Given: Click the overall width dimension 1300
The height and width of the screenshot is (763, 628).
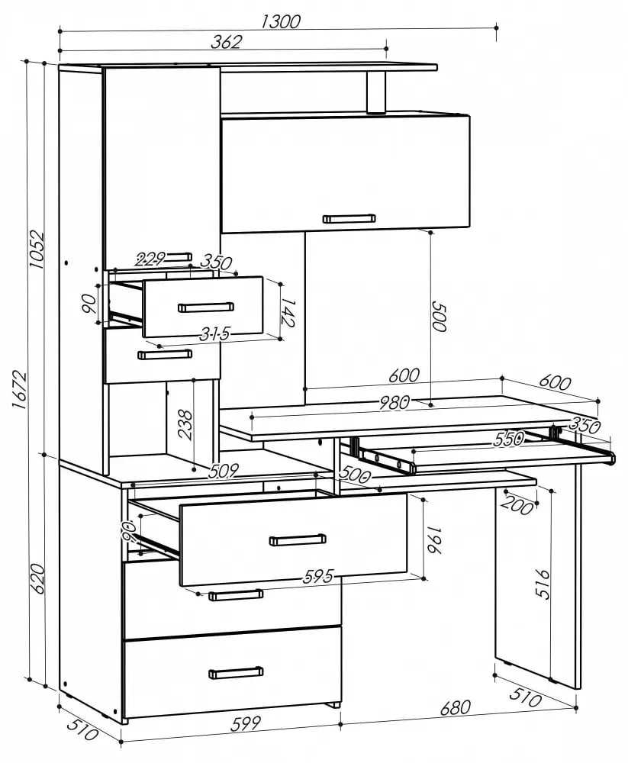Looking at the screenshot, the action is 281,22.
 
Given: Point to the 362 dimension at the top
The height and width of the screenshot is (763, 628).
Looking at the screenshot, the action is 226,42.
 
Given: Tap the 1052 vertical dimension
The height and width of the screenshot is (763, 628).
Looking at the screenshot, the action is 37,250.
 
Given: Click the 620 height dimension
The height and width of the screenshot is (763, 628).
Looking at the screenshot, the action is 38,578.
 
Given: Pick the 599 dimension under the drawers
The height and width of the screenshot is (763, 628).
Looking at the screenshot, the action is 246,723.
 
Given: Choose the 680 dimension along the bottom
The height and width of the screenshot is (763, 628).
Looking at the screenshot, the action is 456,707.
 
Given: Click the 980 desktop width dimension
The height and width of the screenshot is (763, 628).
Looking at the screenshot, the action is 394,402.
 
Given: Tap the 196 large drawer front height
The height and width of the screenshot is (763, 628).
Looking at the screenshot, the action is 433,539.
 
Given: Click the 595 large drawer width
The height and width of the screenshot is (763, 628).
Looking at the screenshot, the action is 318,577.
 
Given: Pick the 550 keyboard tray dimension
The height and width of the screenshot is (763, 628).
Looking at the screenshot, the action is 509,439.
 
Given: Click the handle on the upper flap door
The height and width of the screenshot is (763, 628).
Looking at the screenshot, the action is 349,218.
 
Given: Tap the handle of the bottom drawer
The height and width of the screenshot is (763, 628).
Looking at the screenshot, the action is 236,673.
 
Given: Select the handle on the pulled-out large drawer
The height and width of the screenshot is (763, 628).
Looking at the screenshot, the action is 298,539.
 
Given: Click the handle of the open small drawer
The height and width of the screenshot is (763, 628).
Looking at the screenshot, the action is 206,307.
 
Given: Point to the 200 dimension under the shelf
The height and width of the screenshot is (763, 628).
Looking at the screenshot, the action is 517,506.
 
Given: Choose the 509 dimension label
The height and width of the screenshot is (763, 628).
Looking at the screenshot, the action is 224,471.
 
